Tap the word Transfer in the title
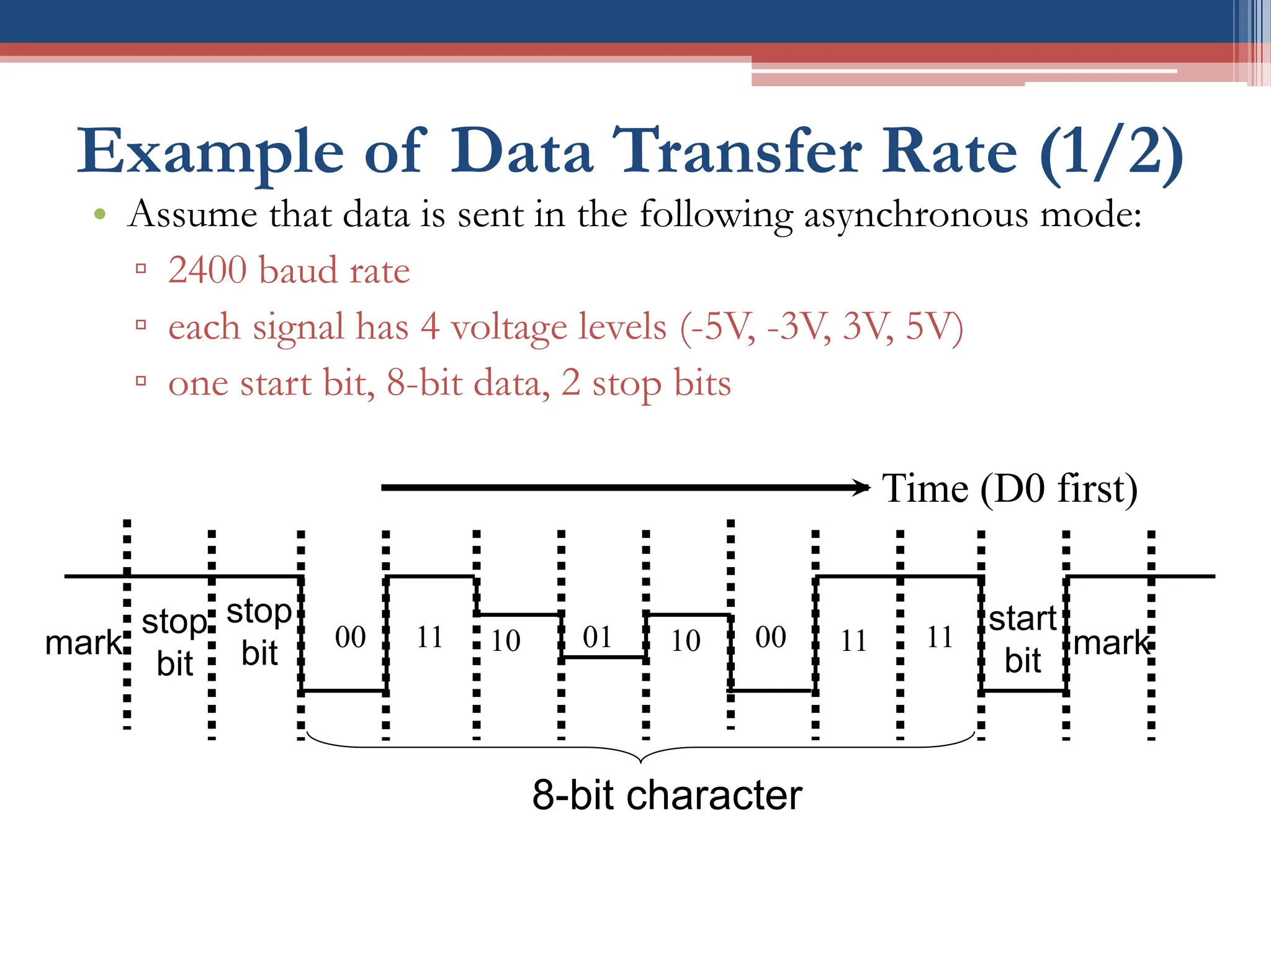(x=741, y=152)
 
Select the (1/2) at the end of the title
(x=1112, y=153)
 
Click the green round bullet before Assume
(x=100, y=215)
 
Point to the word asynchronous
(x=916, y=215)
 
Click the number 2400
(x=207, y=270)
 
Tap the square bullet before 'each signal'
(x=141, y=324)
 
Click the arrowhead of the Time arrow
(x=863, y=488)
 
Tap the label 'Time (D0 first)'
(x=1010, y=488)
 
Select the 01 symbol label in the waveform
(x=598, y=637)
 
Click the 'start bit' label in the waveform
(x=1023, y=639)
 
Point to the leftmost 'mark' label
(x=83, y=643)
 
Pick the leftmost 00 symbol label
(x=351, y=637)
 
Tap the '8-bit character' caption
(x=667, y=795)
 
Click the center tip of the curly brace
(x=640, y=761)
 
